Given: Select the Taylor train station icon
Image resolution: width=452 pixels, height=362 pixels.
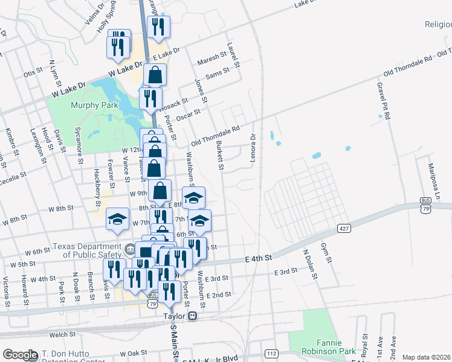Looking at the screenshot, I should coord(193,316).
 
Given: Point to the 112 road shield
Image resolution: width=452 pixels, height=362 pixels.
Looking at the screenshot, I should coord(270,353).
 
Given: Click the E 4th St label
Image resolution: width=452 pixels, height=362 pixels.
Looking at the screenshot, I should coord(259,258).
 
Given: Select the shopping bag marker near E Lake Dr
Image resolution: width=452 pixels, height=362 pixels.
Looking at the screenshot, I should coord(155,76).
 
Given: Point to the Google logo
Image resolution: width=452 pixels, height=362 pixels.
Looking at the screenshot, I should coord(20,355).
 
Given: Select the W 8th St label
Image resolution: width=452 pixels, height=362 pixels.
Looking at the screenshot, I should coord(60,208).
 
